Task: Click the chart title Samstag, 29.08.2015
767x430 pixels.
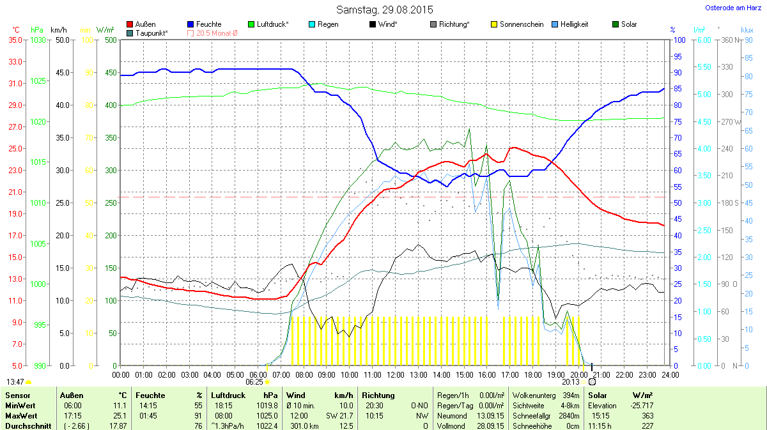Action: pos(384,10)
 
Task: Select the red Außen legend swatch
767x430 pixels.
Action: pos(130,24)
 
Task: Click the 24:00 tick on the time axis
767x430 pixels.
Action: pos(670,374)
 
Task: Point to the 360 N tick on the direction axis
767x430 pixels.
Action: pos(728,40)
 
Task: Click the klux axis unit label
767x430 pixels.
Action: pos(747,30)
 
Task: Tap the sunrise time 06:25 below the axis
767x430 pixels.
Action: pos(254,382)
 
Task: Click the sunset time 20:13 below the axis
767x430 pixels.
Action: pos(571,382)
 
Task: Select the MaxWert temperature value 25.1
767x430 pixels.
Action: pos(120,415)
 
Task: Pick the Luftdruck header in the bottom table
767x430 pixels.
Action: pos(228,395)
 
